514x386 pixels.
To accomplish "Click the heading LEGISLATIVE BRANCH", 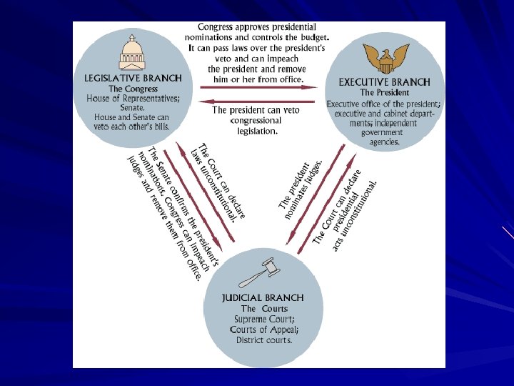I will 133,78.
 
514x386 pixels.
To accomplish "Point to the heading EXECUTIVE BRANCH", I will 384,82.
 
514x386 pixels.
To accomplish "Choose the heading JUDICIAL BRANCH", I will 263,297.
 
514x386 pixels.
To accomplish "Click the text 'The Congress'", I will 133,89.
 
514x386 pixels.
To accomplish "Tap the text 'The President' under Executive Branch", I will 384,93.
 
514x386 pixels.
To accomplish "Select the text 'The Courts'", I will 264,309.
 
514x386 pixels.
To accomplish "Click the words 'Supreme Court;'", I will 264,319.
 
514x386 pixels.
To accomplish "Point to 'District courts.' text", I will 264,340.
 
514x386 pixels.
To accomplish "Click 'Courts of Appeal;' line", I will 264,330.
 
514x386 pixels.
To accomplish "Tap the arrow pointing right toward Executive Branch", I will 257,87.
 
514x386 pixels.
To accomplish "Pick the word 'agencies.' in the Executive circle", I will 384,142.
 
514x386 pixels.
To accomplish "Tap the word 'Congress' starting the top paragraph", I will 218,26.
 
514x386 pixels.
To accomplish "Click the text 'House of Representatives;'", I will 133,98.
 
